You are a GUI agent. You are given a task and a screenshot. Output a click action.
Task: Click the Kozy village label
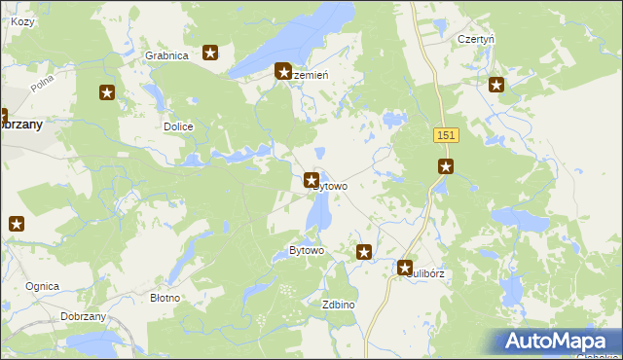[21, 21]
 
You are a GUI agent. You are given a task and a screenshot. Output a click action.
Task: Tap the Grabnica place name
[165, 55]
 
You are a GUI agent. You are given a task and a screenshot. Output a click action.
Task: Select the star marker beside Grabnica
[210, 53]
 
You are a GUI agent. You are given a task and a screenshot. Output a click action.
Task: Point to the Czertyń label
[476, 40]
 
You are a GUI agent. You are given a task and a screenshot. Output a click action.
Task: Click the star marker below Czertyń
[496, 85]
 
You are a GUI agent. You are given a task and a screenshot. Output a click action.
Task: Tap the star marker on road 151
[446, 166]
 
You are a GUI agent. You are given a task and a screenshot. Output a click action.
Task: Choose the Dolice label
[178, 127]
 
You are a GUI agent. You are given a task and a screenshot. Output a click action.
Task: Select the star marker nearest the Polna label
[107, 93]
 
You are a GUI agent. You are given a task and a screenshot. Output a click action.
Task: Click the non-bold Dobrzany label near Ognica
[83, 317]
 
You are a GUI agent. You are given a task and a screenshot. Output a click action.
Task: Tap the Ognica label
[43, 286]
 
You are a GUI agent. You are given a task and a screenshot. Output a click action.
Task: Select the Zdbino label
[338, 305]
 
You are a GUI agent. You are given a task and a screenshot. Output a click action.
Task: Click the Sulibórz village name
[426, 274]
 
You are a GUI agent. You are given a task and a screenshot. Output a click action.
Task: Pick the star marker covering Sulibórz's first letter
[405, 267]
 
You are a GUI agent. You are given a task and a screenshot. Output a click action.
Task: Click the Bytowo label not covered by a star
[306, 251]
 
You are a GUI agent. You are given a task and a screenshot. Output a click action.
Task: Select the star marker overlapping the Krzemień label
[283, 71]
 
